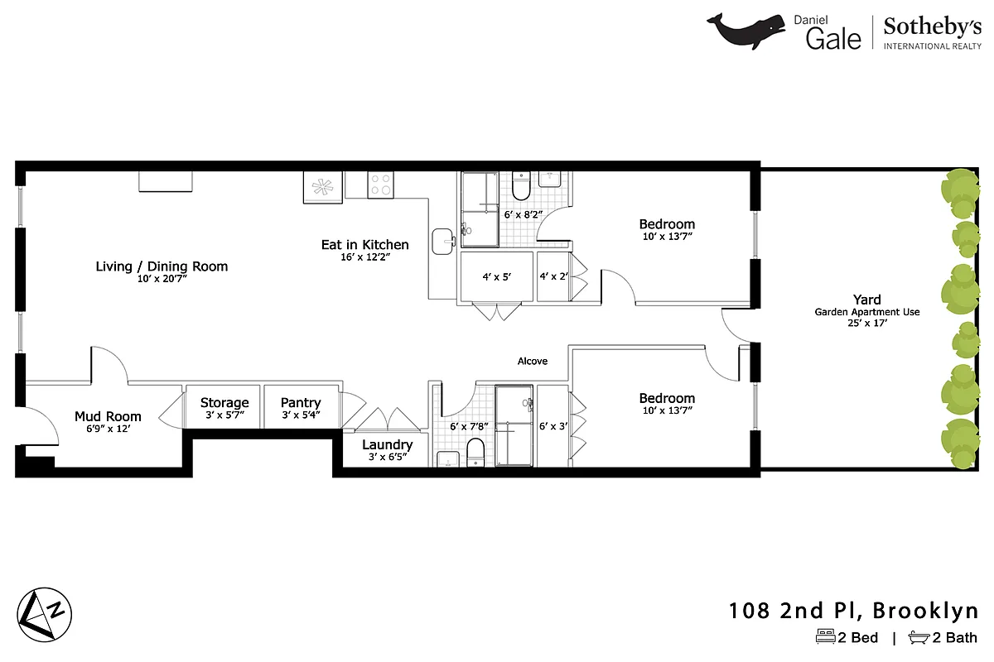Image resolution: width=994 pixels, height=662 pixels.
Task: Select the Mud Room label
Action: click(x=108, y=417)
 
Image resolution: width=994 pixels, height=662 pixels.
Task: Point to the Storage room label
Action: click(x=224, y=403)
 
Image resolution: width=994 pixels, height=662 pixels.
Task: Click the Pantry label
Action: click(x=300, y=403)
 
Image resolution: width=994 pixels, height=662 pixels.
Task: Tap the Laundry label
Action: click(x=387, y=445)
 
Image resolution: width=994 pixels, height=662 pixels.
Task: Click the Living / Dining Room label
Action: click(x=162, y=266)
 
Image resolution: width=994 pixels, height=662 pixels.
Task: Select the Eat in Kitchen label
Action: click(x=364, y=245)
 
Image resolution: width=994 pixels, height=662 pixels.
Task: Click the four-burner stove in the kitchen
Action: click(x=380, y=185)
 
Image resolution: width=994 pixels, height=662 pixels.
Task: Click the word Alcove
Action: click(x=533, y=362)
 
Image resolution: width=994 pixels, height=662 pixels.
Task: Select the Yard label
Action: click(x=866, y=300)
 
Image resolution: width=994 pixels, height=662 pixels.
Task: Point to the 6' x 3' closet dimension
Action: click(x=552, y=427)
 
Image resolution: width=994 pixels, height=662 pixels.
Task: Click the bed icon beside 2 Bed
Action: click(x=825, y=637)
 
